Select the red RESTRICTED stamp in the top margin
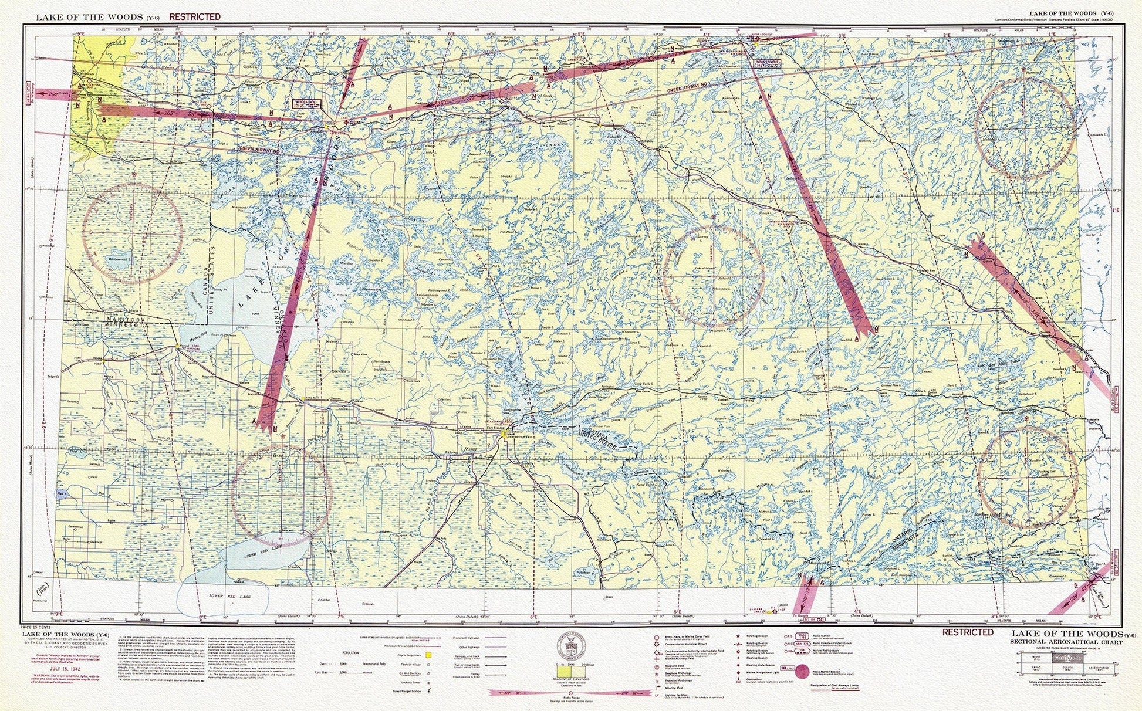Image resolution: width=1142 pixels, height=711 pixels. [195, 17]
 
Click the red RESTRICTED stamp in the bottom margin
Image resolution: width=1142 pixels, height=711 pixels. [968, 632]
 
